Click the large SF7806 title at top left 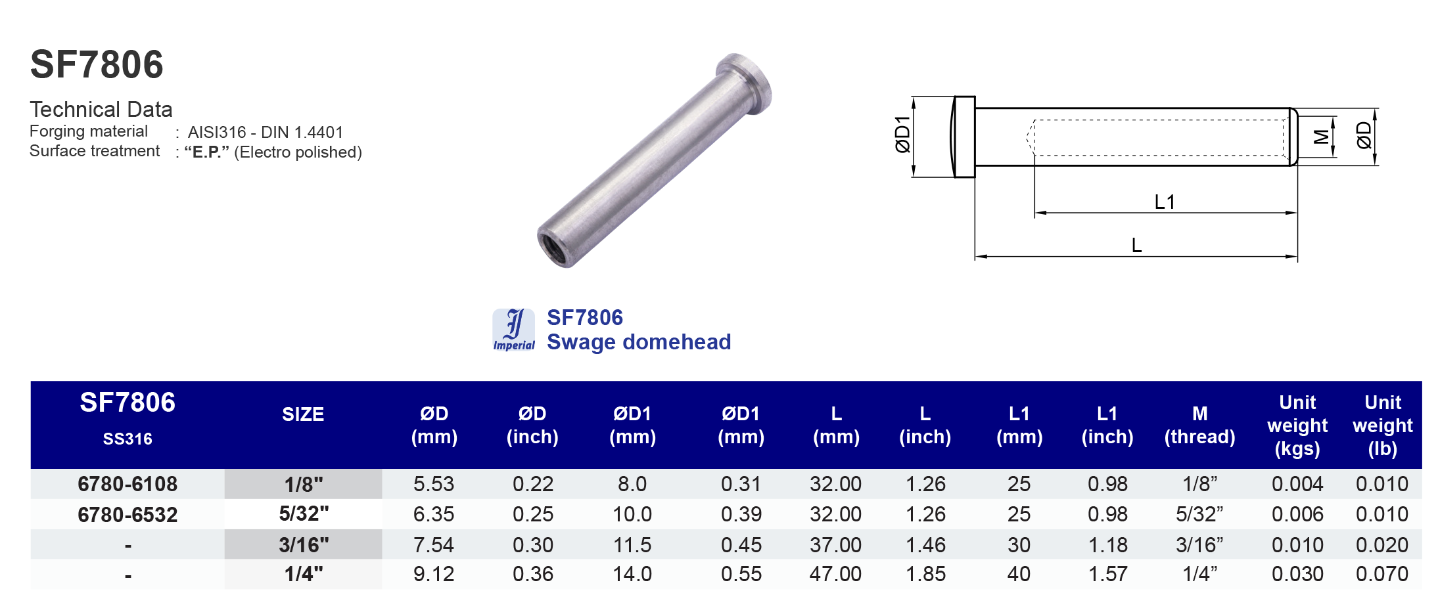pyautogui.click(x=97, y=64)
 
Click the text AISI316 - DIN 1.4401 pyautogui.click(x=265, y=133)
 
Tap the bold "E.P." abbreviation pyautogui.click(x=206, y=152)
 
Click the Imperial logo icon pyautogui.click(x=513, y=330)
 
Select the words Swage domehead pyautogui.click(x=638, y=342)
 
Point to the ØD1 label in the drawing pyautogui.click(x=903, y=135)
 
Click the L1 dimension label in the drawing pyautogui.click(x=1164, y=202)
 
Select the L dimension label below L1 pyautogui.click(x=1136, y=246)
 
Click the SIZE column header pyautogui.click(x=303, y=414)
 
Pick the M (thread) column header pyautogui.click(x=1199, y=425)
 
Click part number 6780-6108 pyautogui.click(x=128, y=484)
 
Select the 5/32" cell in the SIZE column pyautogui.click(x=304, y=514)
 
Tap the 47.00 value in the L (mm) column pyautogui.click(x=835, y=574)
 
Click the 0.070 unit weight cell pyautogui.click(x=1381, y=574)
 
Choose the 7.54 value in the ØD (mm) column pyautogui.click(x=434, y=544)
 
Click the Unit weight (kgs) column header pyautogui.click(x=1297, y=425)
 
